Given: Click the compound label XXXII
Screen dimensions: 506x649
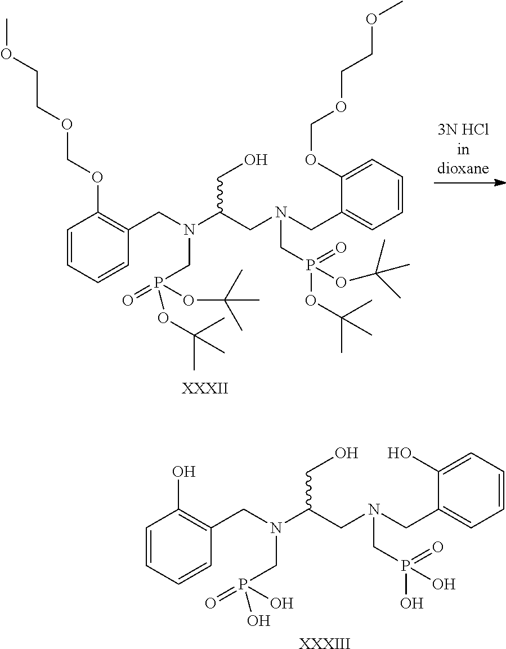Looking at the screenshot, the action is click(205, 388).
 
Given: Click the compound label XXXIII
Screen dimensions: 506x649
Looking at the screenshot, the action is click(325, 642).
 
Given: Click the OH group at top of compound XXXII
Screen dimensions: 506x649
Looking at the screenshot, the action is click(255, 161).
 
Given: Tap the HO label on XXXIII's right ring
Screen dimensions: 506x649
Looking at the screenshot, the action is click(400, 454).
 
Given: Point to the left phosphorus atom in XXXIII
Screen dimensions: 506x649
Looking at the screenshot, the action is click(243, 587).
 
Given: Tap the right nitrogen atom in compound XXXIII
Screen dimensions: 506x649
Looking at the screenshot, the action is click(372, 510).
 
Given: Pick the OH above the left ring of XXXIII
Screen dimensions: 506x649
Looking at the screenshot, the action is click(184, 471).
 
